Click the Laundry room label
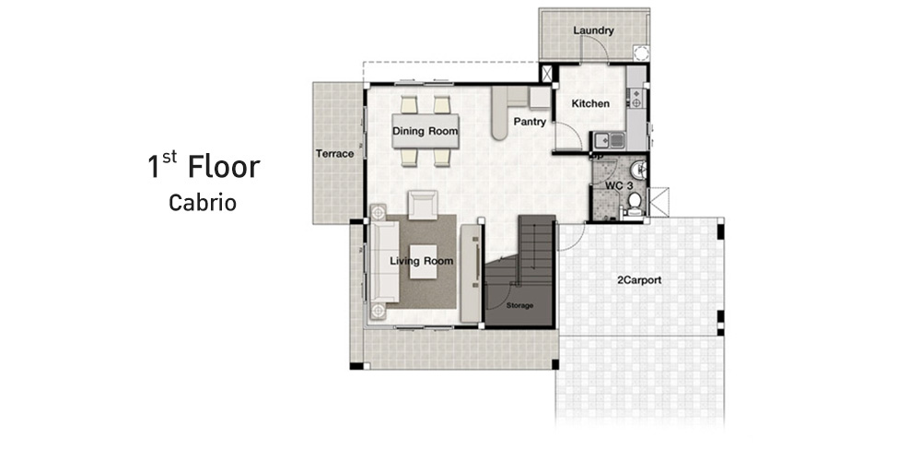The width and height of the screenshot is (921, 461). coord(593,30)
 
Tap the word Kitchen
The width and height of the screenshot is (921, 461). coord(590,103)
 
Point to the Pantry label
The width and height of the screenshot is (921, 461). coord(530,123)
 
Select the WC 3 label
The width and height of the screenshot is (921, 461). coord(619,186)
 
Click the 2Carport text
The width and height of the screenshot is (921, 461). coord(639,280)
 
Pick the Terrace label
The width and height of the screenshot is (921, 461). coord(335,154)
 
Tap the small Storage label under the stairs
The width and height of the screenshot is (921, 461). coord(519,306)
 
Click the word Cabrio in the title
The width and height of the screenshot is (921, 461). coord(203,203)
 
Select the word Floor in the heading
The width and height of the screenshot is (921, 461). coord(224,167)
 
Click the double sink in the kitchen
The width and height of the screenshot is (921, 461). coord(609,140)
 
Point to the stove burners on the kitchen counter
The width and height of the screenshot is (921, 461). coord(635,97)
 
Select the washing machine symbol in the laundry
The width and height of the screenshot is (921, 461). coord(641,53)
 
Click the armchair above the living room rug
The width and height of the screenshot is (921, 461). coord(423,205)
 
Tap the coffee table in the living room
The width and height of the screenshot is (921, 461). coord(423,261)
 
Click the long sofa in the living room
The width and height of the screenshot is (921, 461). coord(382,262)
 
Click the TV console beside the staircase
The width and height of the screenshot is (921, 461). coord(471,273)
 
